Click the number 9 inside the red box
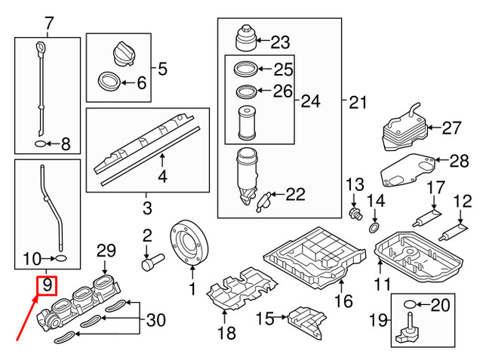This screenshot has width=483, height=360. pos(47,286)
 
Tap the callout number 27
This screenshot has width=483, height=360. pos(451,128)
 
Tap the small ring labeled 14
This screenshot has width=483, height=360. pos(374,227)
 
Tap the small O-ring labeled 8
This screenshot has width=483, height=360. pos(39,142)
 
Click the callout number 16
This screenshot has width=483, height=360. pos(343,302)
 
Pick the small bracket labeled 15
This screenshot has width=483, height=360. pos(307,321)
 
